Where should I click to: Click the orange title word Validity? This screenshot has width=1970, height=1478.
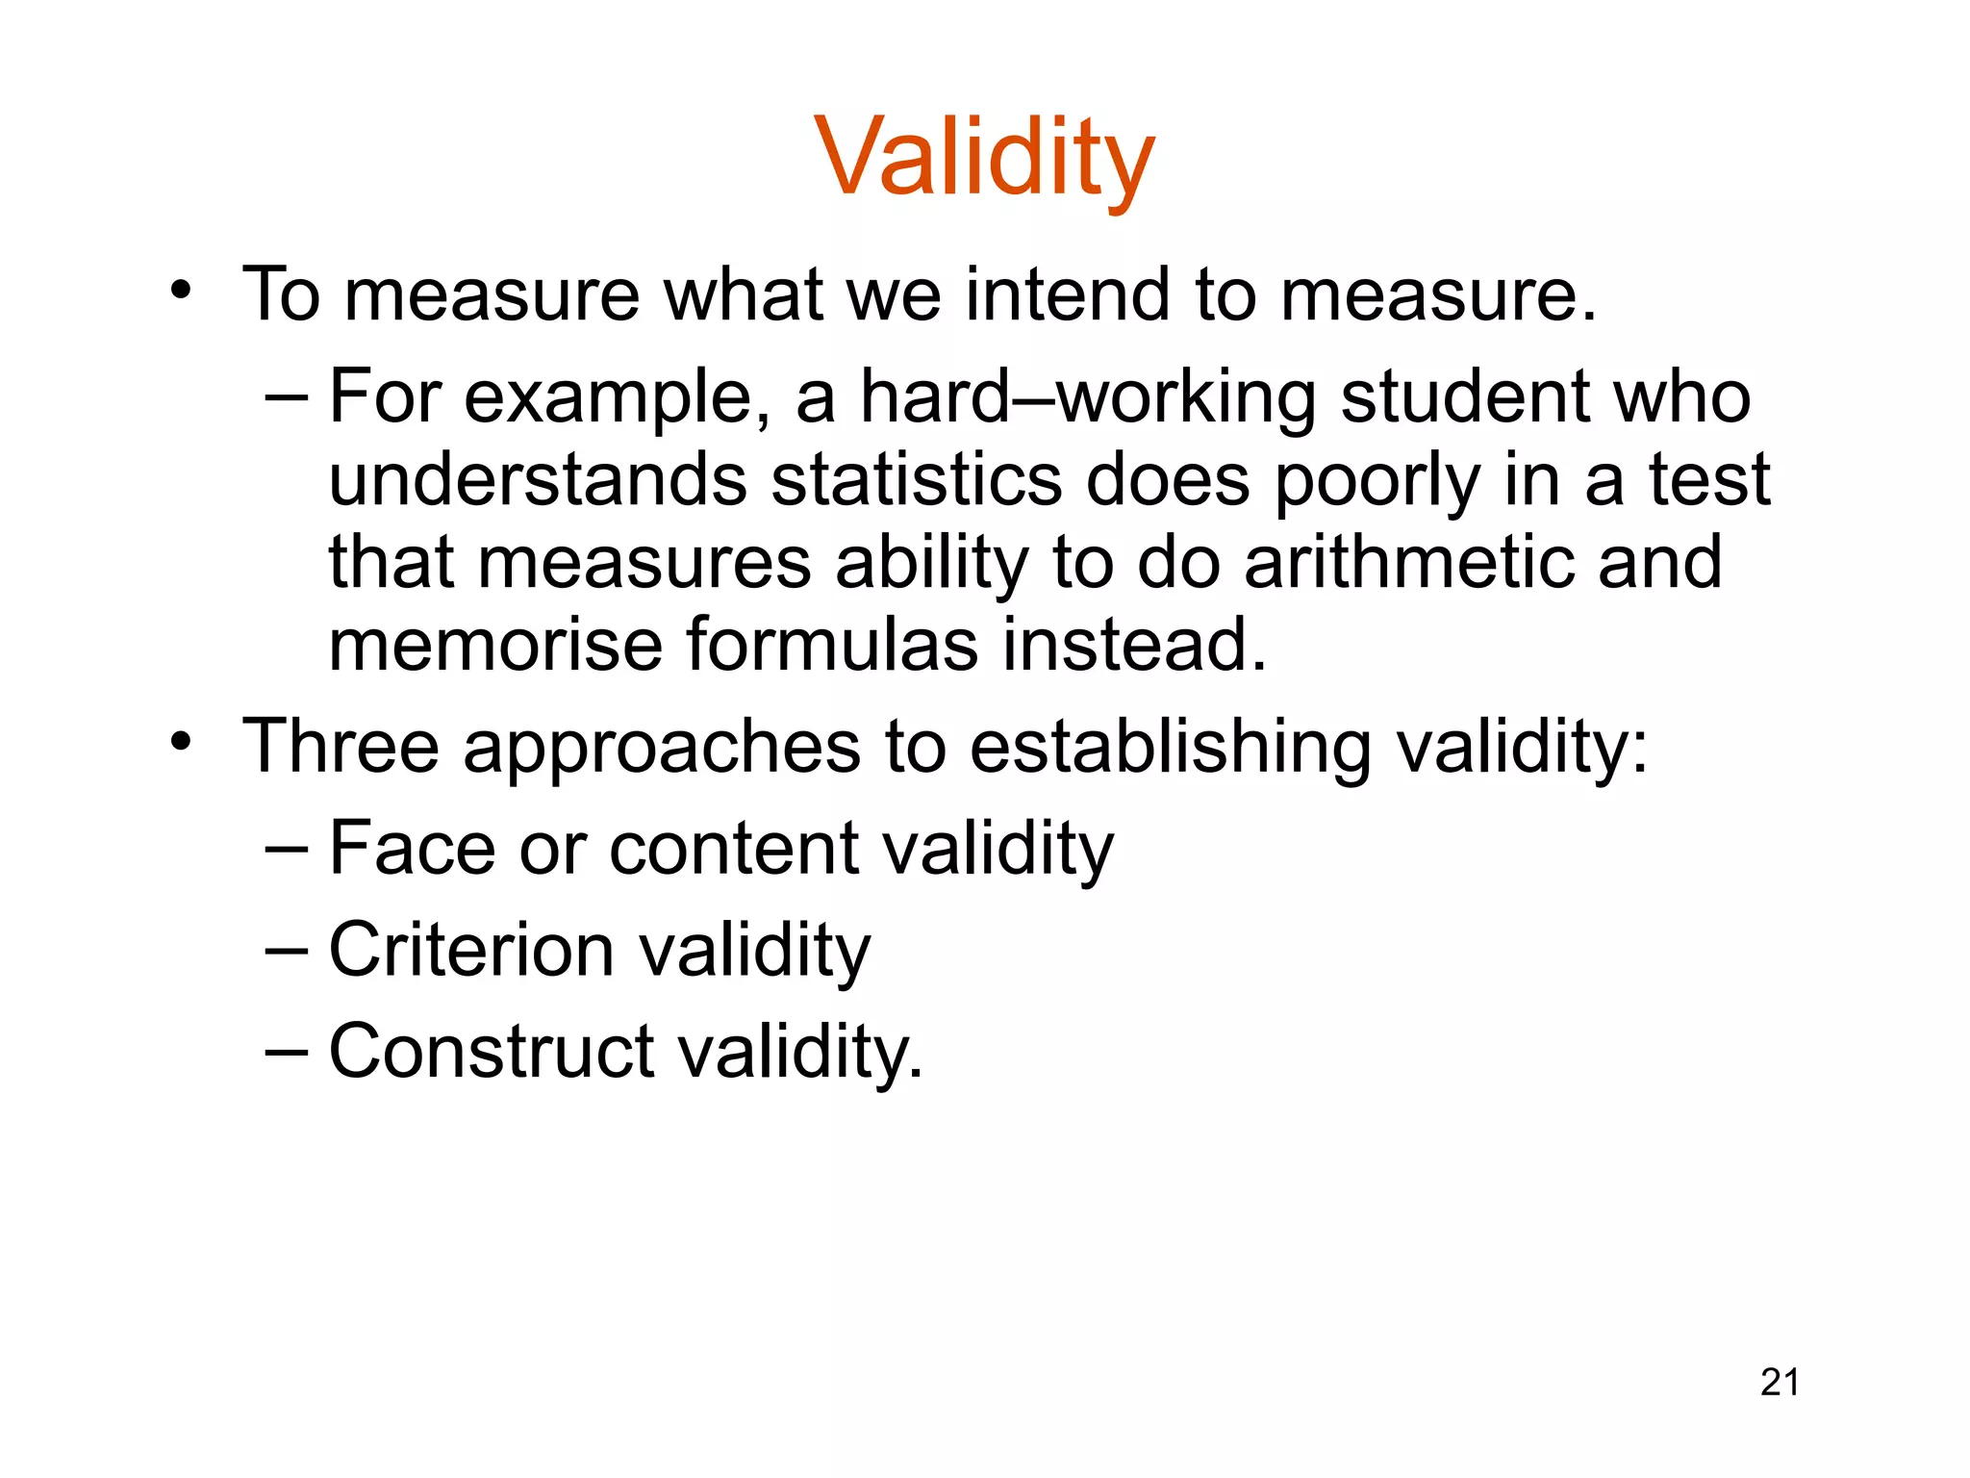pos(984,157)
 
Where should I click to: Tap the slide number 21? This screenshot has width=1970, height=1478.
pos(1780,1382)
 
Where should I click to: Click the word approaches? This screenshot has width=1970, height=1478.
pos(662,749)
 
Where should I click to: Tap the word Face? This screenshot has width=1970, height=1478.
pos(412,849)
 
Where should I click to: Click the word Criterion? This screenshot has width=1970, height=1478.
pos(471,951)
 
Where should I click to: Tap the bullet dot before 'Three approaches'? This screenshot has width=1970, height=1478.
pos(180,741)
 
